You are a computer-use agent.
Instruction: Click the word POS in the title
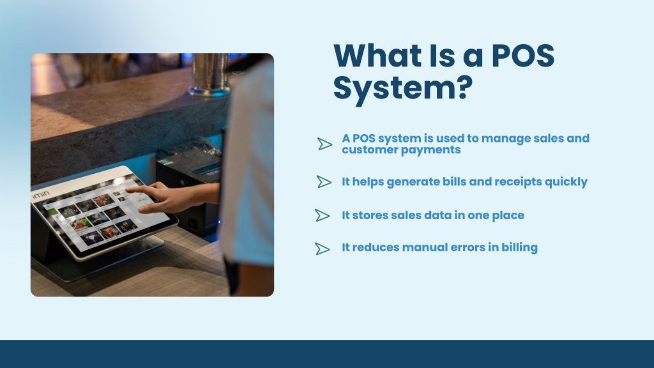click(523, 55)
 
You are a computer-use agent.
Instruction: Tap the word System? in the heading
click(403, 88)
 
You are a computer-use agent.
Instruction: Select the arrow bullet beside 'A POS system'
click(324, 144)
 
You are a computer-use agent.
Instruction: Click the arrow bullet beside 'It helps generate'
click(324, 181)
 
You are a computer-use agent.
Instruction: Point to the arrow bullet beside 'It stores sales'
click(323, 215)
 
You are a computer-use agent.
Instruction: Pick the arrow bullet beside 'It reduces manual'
click(323, 249)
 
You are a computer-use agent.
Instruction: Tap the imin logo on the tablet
click(40, 195)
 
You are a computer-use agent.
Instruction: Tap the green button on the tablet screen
click(52, 212)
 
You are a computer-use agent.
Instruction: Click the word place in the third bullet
click(508, 216)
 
